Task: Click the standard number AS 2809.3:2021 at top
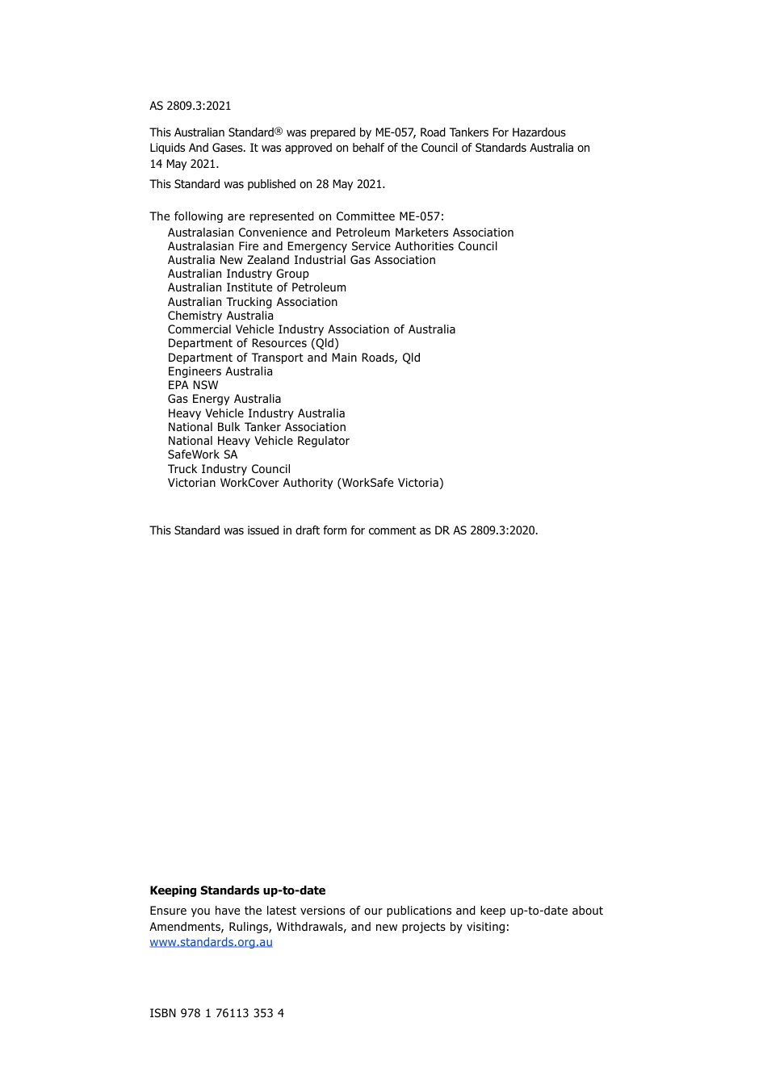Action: [x=191, y=106]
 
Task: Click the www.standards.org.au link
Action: [x=211, y=942]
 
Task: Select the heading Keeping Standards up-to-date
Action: [x=237, y=890]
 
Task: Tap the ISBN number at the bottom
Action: [x=216, y=1013]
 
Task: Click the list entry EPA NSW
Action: [x=193, y=385]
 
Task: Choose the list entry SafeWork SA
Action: [x=203, y=455]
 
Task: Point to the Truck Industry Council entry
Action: [x=229, y=469]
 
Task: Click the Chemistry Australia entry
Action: [x=220, y=316]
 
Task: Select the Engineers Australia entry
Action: [x=220, y=371]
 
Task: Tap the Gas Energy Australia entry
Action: [x=224, y=399]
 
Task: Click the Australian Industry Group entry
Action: [x=238, y=274]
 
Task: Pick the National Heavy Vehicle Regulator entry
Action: [x=258, y=441]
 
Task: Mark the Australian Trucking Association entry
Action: [x=253, y=302]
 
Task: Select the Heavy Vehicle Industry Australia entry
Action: [x=256, y=413]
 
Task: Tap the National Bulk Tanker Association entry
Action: [x=257, y=427]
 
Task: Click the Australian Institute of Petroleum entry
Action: [x=257, y=287]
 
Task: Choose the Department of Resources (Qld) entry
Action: [x=254, y=343]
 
